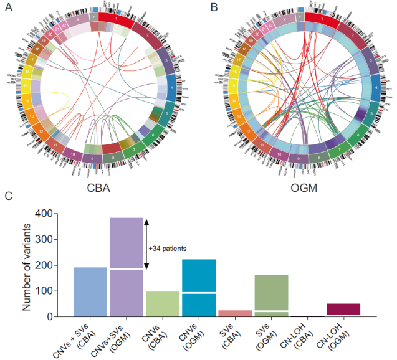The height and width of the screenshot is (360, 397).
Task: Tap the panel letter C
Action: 8,196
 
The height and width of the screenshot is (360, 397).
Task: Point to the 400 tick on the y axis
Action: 54,213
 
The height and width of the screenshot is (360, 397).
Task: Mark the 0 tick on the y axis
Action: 54,316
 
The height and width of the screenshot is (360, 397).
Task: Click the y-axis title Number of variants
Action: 28,265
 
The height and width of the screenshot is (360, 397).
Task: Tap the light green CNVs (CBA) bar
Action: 162,304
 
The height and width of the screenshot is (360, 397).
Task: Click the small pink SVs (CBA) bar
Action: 234,313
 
